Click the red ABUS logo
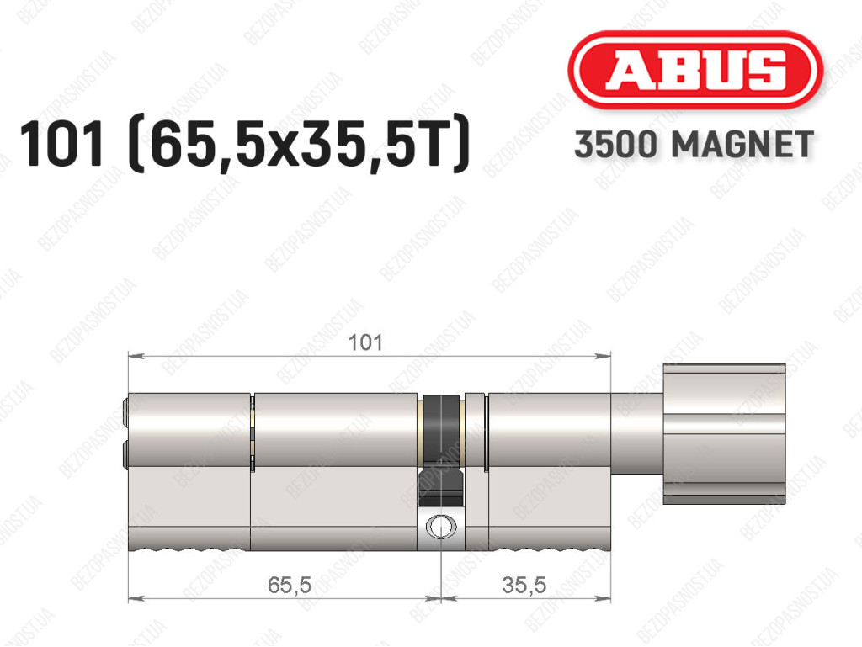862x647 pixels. click(695, 70)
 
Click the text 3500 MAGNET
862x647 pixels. click(694, 145)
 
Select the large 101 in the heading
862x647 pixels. click(61, 144)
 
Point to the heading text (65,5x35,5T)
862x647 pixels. click(299, 144)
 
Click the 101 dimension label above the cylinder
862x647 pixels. click(365, 342)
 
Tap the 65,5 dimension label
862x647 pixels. click(290, 585)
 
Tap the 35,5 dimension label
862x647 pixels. click(524, 585)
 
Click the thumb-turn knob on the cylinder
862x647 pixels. click(725, 433)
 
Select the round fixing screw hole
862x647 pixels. click(441, 527)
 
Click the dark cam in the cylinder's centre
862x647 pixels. click(441, 450)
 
